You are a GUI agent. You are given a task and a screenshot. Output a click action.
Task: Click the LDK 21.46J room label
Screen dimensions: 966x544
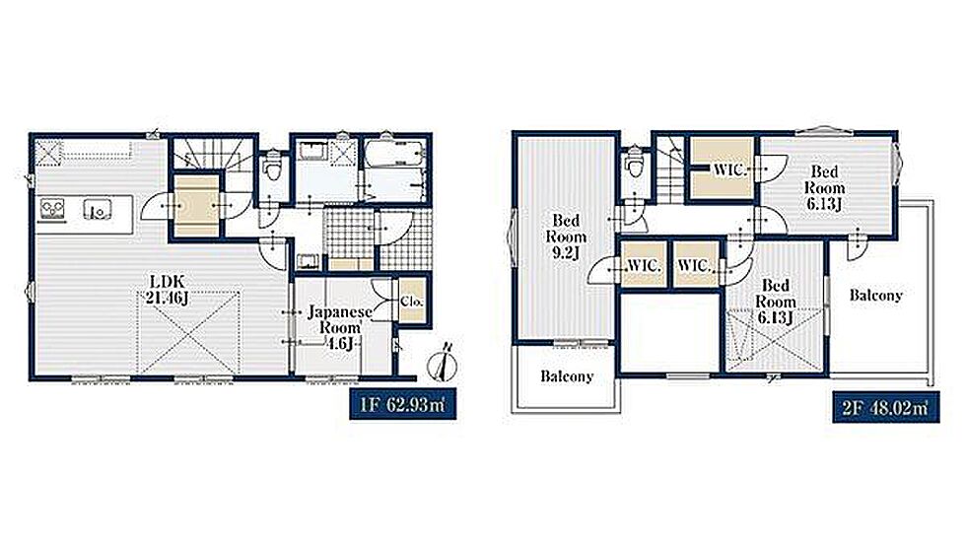(x=167, y=290)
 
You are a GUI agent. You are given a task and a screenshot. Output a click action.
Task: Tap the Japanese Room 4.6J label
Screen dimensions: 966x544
(x=339, y=327)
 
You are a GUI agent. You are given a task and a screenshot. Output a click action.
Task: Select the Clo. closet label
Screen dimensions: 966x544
(x=412, y=302)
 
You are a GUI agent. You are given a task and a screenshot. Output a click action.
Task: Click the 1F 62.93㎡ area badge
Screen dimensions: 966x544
(x=403, y=405)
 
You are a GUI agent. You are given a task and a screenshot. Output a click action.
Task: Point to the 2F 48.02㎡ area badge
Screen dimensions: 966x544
(x=886, y=407)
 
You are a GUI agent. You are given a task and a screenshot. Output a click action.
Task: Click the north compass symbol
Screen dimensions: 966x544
(x=444, y=365)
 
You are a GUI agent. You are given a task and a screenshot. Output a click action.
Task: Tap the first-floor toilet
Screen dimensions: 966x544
(x=272, y=166)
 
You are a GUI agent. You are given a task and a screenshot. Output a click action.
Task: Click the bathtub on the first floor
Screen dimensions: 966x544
(x=394, y=154)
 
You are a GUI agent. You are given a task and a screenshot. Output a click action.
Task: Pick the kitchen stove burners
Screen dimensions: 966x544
(x=52, y=208)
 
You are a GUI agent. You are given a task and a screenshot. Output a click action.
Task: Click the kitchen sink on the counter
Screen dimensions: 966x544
(x=98, y=210)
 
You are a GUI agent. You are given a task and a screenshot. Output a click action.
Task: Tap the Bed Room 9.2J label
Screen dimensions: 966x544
(x=566, y=238)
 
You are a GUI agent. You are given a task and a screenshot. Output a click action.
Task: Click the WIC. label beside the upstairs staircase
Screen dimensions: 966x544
(x=729, y=170)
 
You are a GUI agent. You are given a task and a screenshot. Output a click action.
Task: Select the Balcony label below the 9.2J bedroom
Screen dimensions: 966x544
(x=567, y=375)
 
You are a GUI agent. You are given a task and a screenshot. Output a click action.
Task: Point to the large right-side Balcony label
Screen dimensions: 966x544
(x=875, y=295)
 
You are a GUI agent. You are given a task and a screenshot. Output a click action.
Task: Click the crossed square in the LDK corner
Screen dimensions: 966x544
(x=48, y=152)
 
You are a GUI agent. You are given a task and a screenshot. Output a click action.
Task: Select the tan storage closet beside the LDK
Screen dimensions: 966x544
(x=196, y=205)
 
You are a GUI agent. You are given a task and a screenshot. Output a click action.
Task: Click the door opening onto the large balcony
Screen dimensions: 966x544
(x=857, y=242)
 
